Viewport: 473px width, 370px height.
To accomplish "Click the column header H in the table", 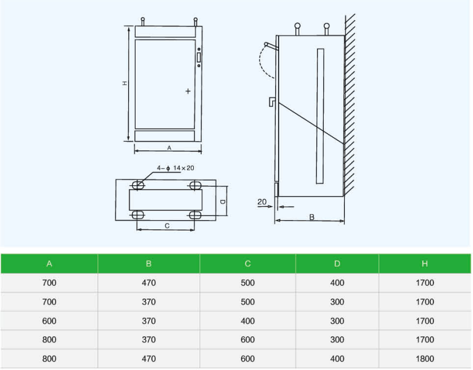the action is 424,264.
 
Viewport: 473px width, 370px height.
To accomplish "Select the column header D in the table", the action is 337,264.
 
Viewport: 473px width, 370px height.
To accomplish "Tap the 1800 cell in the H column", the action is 425,359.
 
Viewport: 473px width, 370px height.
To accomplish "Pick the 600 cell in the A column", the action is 49,321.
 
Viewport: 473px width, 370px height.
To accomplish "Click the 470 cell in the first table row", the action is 149,283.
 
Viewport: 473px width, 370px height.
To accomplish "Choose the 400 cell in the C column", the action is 248,321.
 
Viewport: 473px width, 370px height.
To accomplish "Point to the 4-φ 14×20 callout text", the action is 175,168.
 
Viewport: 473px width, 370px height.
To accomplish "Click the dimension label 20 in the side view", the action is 262,202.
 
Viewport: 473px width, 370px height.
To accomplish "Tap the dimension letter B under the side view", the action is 312,217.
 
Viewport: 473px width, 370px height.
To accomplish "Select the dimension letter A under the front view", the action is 169,148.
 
